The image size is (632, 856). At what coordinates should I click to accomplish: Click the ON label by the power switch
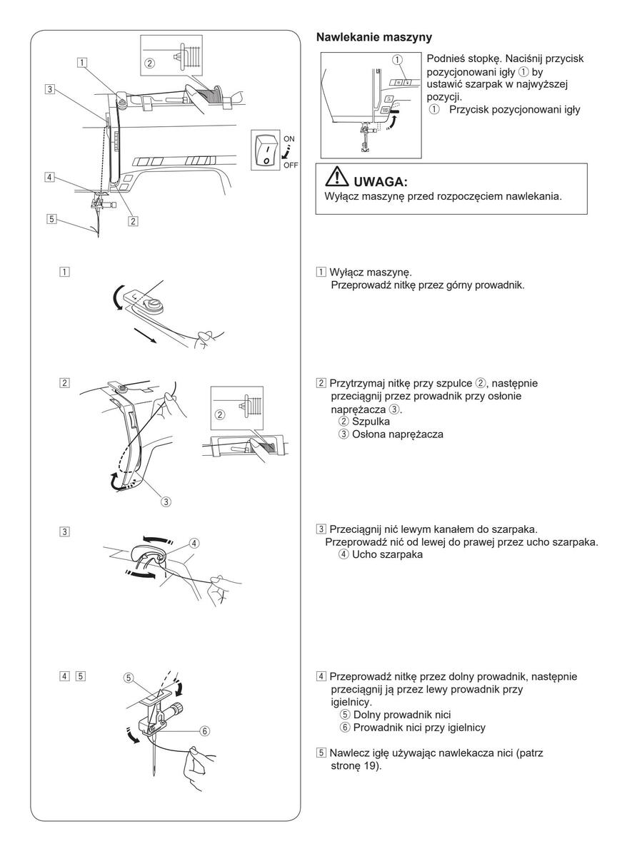[x=288, y=138]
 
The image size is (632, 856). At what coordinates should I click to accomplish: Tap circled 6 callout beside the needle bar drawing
[x=205, y=730]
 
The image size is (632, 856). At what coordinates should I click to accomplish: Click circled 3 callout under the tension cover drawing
[x=166, y=501]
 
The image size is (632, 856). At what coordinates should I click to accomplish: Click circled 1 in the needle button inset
[x=398, y=61]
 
